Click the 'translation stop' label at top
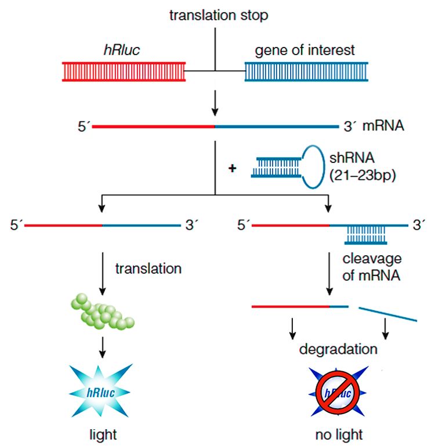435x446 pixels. click(x=219, y=16)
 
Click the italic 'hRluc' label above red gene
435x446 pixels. click(x=121, y=50)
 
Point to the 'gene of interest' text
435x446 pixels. click(x=304, y=50)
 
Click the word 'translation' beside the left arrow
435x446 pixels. click(x=148, y=269)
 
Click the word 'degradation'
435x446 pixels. click(x=339, y=350)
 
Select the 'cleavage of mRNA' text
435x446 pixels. click(x=372, y=267)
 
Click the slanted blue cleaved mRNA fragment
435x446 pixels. click(x=387, y=314)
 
